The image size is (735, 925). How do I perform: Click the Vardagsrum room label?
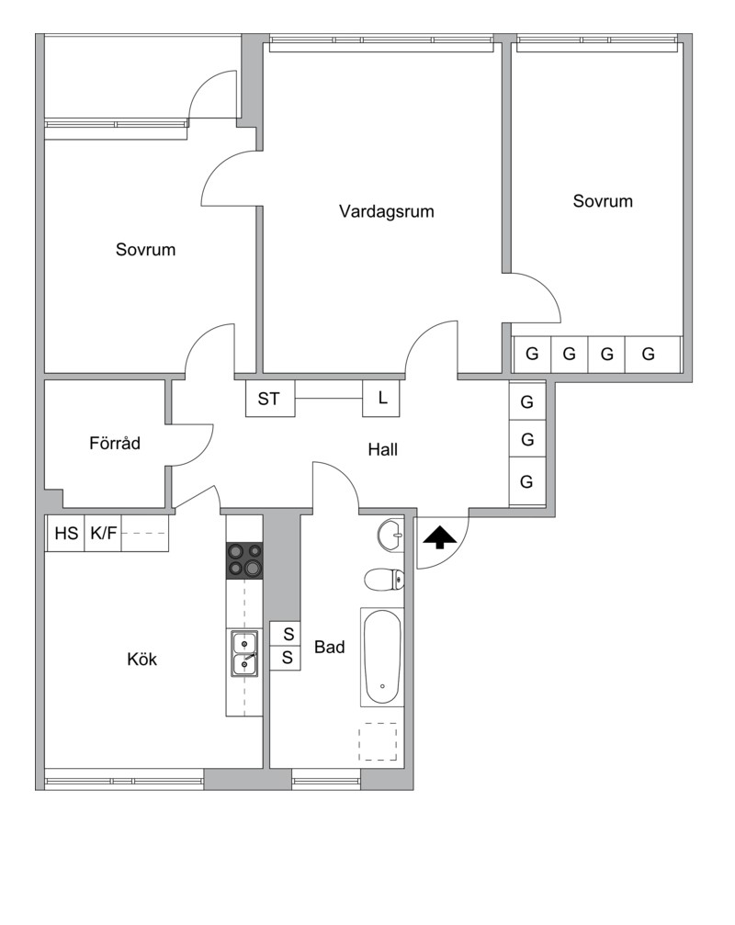pyautogui.click(x=387, y=211)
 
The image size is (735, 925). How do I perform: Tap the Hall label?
pyautogui.click(x=383, y=449)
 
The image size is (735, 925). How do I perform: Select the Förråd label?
pyautogui.click(x=115, y=443)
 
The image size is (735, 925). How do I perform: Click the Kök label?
pyautogui.click(x=142, y=659)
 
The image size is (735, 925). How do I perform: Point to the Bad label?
pyautogui.click(x=329, y=648)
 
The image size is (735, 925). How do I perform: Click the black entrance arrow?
pyautogui.click(x=440, y=537)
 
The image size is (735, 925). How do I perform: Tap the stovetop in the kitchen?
pyautogui.click(x=244, y=559)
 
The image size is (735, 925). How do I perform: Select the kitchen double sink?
pyautogui.click(x=244, y=653)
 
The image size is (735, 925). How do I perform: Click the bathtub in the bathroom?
pyautogui.click(x=382, y=657)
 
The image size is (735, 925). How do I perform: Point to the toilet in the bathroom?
pyautogui.click(x=384, y=580)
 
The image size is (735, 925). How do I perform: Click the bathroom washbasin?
pyautogui.click(x=390, y=535)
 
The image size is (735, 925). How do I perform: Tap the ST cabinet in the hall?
pyautogui.click(x=270, y=399)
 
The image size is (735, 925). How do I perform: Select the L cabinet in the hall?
pyautogui.click(x=381, y=399)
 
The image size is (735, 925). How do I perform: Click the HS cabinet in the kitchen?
pyautogui.click(x=66, y=534)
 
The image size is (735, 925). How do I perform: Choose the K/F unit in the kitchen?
pyautogui.click(x=103, y=534)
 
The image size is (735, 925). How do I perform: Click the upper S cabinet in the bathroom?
pyautogui.click(x=286, y=634)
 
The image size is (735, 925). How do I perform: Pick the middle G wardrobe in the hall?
pyautogui.click(x=527, y=439)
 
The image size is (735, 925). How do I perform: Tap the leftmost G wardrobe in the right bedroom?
pyautogui.click(x=532, y=354)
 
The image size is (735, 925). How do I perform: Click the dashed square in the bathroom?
pyautogui.click(x=378, y=741)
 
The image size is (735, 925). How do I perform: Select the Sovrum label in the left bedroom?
pyautogui.click(x=146, y=250)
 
